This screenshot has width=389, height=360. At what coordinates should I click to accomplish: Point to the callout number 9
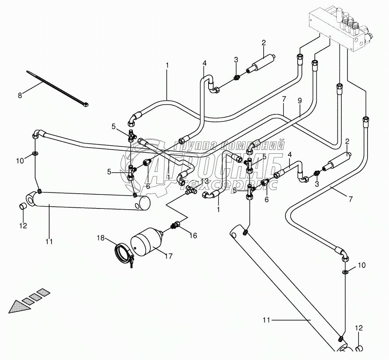[x=300, y=100]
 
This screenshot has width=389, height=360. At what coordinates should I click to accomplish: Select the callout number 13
[x=205, y=181]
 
